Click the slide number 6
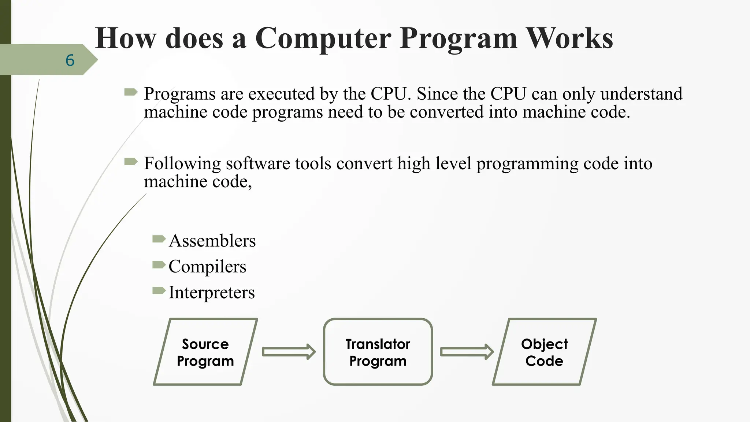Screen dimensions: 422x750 (70, 60)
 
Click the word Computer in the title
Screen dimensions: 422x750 (323, 38)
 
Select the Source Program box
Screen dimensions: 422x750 (205, 352)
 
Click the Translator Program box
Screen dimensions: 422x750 (378, 352)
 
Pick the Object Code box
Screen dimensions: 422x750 (544, 352)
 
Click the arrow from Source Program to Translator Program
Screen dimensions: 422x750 (289, 352)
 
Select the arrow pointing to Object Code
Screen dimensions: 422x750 (466, 352)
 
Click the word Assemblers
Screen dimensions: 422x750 (212, 241)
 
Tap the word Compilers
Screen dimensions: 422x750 (207, 267)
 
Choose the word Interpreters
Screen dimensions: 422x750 (211, 292)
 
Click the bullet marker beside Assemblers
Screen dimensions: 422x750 (159, 240)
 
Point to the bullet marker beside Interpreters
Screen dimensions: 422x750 (159, 291)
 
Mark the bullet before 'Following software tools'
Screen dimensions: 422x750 (131, 162)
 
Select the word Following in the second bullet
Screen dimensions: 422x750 (182, 164)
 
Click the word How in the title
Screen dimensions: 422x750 (125, 38)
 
